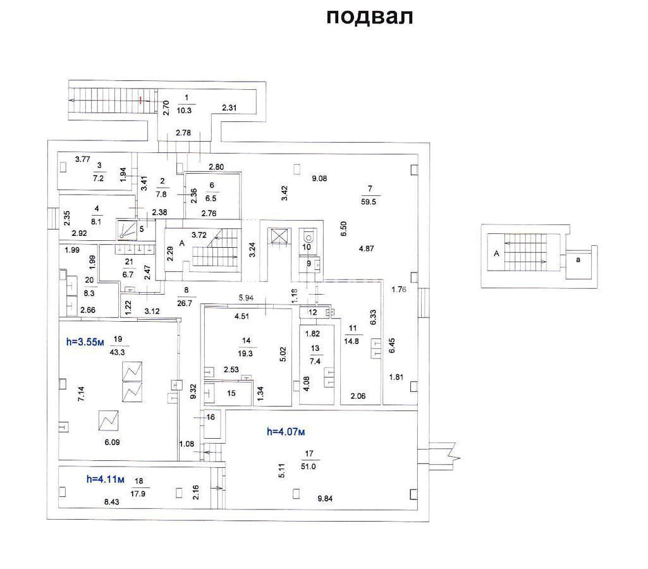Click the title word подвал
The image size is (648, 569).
[x=370, y=17]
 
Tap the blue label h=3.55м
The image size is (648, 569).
[x=85, y=342]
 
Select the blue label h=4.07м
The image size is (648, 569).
[x=286, y=432]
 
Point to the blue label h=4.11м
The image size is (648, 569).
[x=106, y=479]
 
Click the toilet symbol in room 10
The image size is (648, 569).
[x=307, y=236]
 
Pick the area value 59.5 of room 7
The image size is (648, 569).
[x=368, y=202]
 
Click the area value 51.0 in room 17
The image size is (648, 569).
[x=309, y=467]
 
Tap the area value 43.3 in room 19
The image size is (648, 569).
[x=118, y=353]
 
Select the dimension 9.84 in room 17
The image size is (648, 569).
[x=325, y=499]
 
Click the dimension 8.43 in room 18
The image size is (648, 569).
[x=111, y=502]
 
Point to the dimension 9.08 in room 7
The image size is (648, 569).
[x=319, y=178]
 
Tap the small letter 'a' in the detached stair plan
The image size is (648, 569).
[x=578, y=260]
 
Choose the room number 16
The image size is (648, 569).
[x=211, y=417]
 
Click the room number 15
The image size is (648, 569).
[x=231, y=393]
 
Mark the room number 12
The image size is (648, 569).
[x=313, y=312]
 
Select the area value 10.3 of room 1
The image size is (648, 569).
[x=185, y=111]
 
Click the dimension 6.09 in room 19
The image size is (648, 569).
[x=112, y=443]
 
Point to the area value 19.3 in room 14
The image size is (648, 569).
[x=245, y=353]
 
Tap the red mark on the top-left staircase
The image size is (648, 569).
[x=141, y=100]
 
